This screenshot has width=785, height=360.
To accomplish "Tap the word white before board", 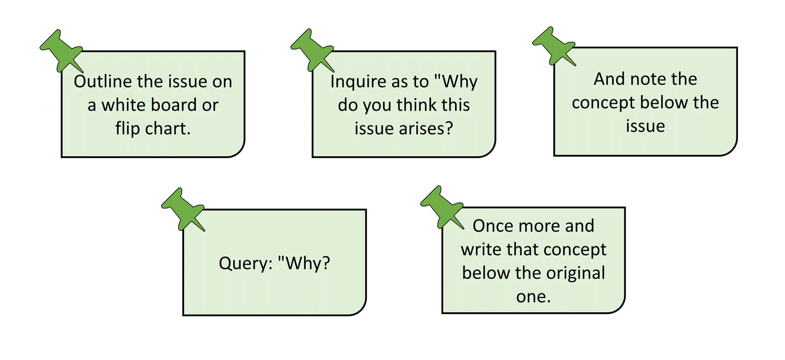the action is coord(122,105).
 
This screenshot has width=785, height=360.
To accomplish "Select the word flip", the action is coord(128,129).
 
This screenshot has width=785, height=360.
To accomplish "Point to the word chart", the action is coord(168,129).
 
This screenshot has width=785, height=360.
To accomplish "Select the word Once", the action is coord(493,226).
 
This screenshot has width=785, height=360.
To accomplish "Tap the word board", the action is coord(173,105).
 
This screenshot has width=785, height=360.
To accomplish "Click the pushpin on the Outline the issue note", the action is coord(62,51).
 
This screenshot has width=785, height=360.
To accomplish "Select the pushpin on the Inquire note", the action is coord(313,50).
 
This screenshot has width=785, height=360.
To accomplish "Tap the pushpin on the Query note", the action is coord(183,209).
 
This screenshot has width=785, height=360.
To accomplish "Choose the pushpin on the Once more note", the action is coord(442,208).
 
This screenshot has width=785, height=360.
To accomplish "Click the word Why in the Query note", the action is coord(304,263).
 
